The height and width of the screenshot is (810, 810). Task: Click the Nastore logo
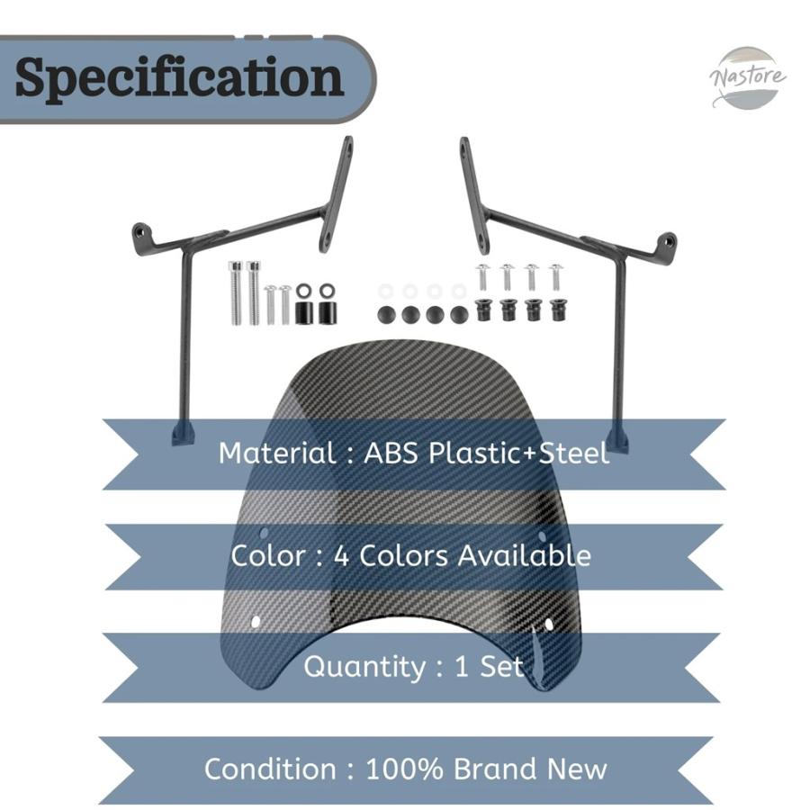pos(747,78)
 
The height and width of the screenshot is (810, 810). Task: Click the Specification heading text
pos(179,77)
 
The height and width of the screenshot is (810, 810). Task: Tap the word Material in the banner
pos(277,453)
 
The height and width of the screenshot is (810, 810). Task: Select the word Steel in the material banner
pos(573,453)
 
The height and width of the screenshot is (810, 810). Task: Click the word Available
pos(525,556)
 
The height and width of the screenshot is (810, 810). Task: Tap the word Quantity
pos(364,666)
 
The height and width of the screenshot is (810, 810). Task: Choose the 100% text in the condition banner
pos(404,769)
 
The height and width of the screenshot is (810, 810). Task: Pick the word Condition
pos(271,769)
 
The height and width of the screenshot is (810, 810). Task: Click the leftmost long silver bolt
pos(235,292)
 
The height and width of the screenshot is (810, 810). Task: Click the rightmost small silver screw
pos(556,277)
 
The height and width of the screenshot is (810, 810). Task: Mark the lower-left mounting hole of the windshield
pos(255,621)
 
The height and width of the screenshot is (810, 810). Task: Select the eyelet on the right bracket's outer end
pos(669,241)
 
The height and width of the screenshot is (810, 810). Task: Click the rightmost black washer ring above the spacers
pos(327,291)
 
